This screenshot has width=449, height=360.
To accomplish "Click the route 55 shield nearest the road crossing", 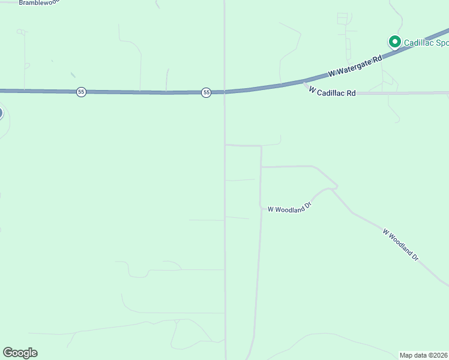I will tap(206, 92).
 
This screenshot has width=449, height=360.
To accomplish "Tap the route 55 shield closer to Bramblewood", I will tap(81, 92).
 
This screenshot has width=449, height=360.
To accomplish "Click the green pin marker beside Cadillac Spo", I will tap(394, 41).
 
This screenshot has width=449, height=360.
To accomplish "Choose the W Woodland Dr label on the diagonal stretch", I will tap(400, 244).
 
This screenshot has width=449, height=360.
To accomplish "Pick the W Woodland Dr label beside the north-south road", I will tap(290, 208).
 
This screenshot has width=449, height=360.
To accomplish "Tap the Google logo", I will tap(20, 353).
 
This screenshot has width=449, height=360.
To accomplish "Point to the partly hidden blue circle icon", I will tap(1, 112).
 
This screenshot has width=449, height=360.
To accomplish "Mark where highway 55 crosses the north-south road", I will tap(225, 92).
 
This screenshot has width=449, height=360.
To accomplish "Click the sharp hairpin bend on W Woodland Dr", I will tap(336, 187).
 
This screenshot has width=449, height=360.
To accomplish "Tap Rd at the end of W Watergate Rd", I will tap(377, 59).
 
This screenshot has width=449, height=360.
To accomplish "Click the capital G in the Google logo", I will tap(8, 353).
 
